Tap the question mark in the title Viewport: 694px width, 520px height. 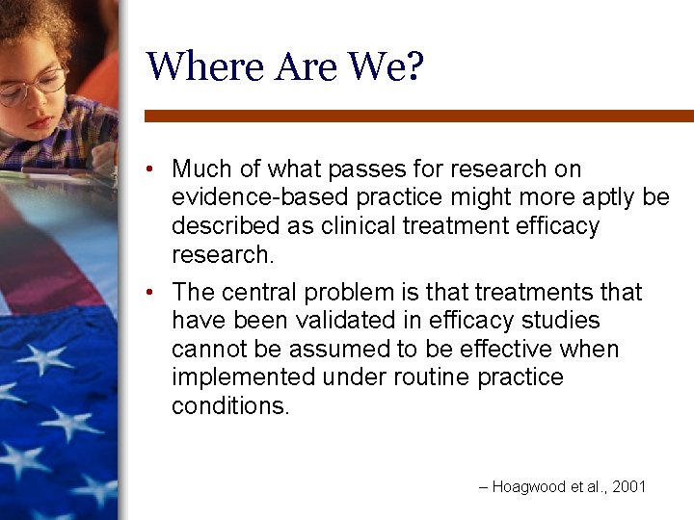414,66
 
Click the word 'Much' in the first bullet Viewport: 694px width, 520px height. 202,169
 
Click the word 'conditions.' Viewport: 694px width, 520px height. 230,405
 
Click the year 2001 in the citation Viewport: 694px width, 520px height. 629,487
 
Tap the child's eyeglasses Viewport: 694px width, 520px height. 34,87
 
